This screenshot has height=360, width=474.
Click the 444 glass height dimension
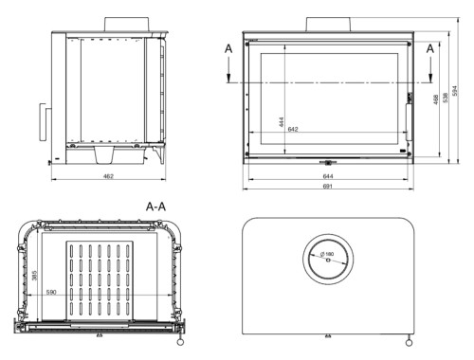283,121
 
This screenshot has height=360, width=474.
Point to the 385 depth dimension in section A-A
36,276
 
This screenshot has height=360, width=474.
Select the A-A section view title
158,204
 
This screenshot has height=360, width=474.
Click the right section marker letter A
430,46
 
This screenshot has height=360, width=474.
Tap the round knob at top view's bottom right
409,341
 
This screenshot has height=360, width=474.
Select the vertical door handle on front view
409,121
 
